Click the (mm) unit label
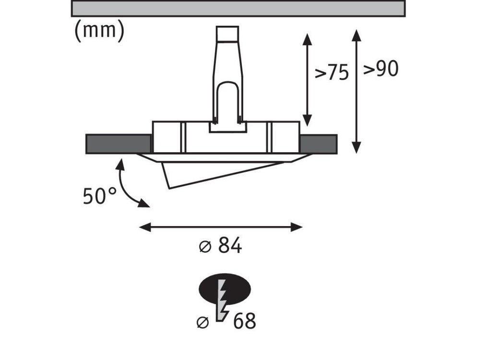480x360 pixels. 99,31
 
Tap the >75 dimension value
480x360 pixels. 332,73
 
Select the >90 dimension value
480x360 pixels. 381,69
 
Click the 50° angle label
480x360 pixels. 100,196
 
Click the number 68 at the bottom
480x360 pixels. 244,321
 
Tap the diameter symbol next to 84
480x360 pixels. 205,246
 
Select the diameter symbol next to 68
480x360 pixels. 203,323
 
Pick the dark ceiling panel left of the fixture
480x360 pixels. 119,144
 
